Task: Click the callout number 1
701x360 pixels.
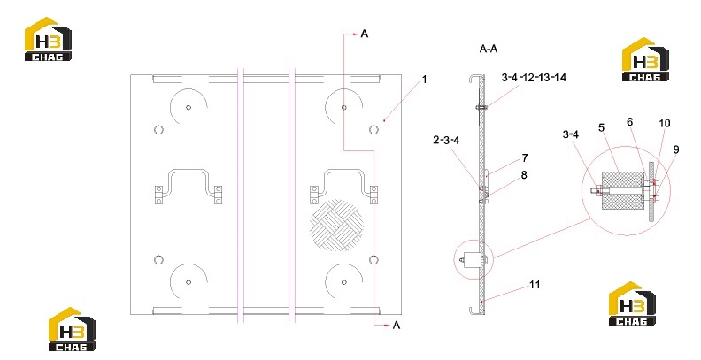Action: pyautogui.click(x=424, y=80)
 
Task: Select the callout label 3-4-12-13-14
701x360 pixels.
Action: pyautogui.click(x=534, y=78)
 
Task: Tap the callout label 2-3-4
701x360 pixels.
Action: pyautogui.click(x=446, y=141)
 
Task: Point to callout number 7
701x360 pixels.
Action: pyautogui.click(x=524, y=158)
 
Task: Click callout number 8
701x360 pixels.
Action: pyautogui.click(x=524, y=174)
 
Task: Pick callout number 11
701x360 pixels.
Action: pyautogui.click(x=535, y=285)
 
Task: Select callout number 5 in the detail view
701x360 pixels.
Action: pyautogui.click(x=601, y=127)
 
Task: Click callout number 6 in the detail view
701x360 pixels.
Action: pyautogui.click(x=630, y=122)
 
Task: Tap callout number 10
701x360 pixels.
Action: pyautogui.click(x=665, y=123)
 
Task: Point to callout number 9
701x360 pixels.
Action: pyautogui.click(x=675, y=149)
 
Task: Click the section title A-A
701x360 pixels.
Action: pyautogui.click(x=489, y=49)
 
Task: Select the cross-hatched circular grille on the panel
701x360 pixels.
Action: pyautogui.click(x=336, y=226)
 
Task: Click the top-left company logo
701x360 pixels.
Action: pyautogui.click(x=48, y=39)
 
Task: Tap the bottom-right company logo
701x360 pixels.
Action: pyautogui.click(x=632, y=303)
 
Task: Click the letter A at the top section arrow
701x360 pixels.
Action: pyautogui.click(x=365, y=34)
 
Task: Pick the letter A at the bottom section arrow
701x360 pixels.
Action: pyautogui.click(x=397, y=326)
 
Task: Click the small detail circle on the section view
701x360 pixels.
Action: pyautogui.click(x=473, y=259)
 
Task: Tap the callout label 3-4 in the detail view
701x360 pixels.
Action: pyautogui.click(x=571, y=134)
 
